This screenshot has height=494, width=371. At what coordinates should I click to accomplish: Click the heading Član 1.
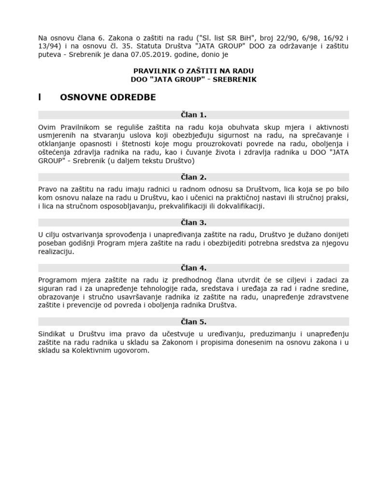coord(193,115)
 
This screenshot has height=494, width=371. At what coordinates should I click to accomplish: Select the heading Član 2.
coord(193,177)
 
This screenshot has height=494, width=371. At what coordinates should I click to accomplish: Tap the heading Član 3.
coord(193,222)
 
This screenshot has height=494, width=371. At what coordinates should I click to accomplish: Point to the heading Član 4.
coord(193,268)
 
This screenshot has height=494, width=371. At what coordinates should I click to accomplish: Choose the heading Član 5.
coord(193,322)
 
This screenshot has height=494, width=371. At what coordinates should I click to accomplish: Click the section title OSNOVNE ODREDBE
coord(108,97)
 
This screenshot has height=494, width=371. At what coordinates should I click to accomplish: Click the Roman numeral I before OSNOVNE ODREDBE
coord(40,97)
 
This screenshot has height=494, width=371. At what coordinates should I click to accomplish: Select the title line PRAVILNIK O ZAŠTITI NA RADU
coord(193,71)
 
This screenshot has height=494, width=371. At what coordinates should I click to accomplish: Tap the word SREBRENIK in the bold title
coord(237,80)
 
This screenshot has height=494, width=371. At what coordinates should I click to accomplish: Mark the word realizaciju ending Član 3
coord(56,252)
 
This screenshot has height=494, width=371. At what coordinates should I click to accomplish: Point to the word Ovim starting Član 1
coord(47,126)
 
